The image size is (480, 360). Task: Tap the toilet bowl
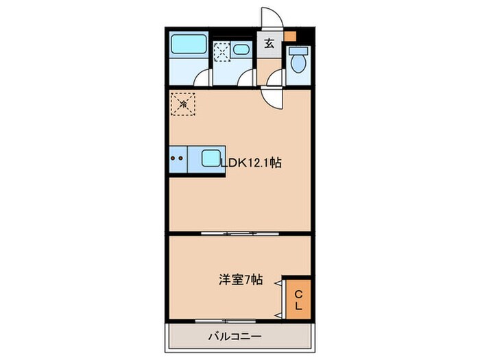tap(298, 62)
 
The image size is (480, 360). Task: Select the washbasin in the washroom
tap(241, 49)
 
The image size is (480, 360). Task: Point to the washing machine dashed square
tap(221, 53)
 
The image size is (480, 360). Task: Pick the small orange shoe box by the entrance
tap(291, 36)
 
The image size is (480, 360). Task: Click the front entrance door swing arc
tap(273, 19)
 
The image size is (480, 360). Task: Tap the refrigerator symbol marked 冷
tap(184, 104)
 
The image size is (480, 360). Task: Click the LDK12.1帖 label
tap(250, 163)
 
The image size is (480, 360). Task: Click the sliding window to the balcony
tap(226, 321)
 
